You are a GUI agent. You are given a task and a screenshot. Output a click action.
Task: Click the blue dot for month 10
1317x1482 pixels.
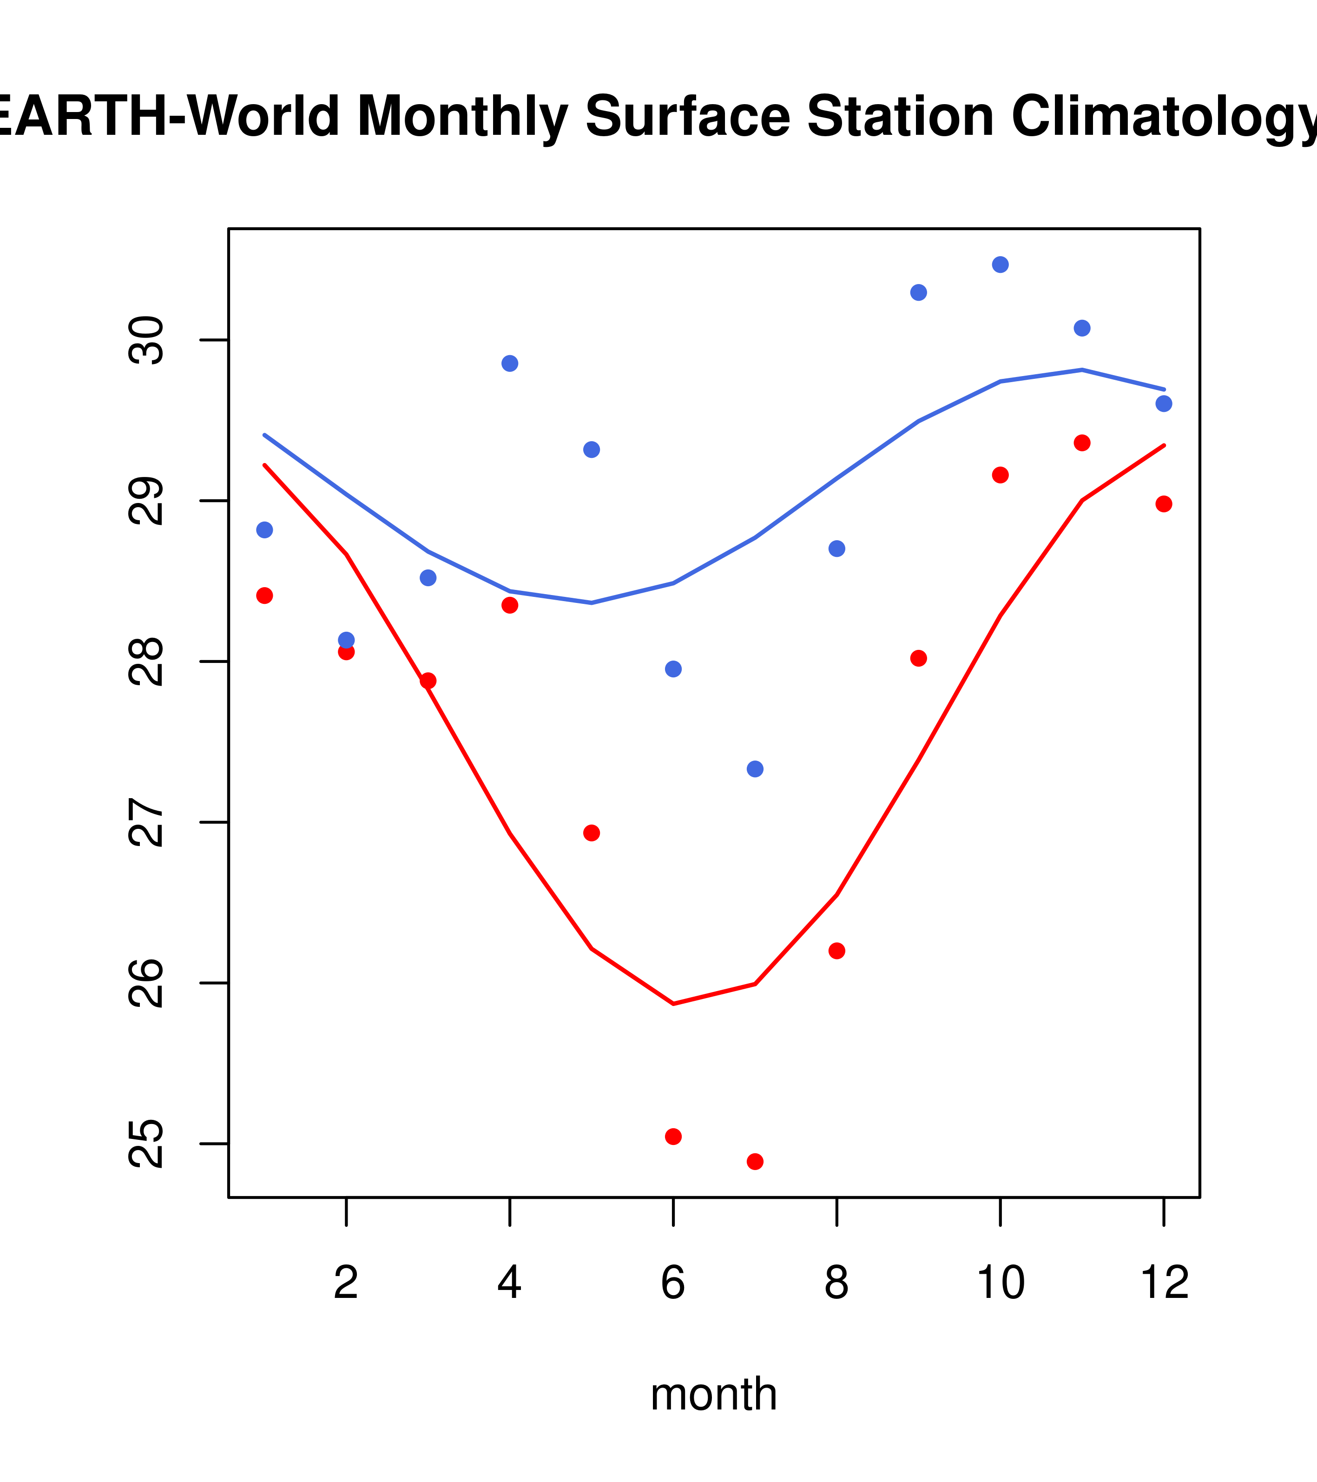(1000, 265)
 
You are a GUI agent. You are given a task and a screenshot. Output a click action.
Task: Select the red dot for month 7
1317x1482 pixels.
(755, 1162)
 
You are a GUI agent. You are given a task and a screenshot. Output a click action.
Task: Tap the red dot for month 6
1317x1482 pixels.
(673, 1136)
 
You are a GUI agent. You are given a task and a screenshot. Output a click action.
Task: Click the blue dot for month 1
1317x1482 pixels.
(264, 530)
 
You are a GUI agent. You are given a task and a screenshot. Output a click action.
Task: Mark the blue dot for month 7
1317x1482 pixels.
(755, 768)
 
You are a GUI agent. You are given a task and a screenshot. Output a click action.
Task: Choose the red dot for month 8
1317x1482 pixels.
(837, 951)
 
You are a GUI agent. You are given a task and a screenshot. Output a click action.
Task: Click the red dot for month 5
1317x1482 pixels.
(592, 833)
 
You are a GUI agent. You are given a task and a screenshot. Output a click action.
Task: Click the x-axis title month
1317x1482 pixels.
(714, 1394)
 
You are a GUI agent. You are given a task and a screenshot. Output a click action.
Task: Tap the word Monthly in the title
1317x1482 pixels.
(462, 118)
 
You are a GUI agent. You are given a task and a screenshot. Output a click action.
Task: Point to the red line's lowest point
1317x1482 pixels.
(673, 1004)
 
